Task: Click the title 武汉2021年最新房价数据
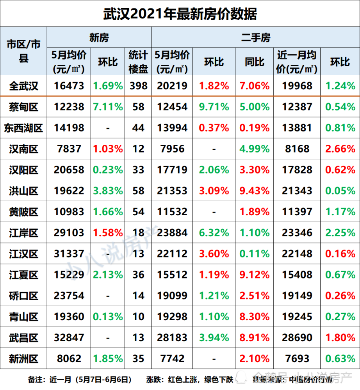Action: pos(180,14)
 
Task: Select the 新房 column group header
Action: pos(99,38)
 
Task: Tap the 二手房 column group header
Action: pos(255,38)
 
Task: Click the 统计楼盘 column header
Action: pos(138,62)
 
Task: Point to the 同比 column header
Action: pos(255,62)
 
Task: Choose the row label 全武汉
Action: pos(23,86)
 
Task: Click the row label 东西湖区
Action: pos(23,128)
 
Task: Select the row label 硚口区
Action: pos(23,296)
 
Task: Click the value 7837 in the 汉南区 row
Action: pos(69,149)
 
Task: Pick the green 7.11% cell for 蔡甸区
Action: pos(108,107)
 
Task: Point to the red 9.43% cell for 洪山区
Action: pos(255,191)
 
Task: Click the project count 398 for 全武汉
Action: pos(138,86)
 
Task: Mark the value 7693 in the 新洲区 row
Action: pos(298,359)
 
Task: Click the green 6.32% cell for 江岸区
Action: pos(214,233)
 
